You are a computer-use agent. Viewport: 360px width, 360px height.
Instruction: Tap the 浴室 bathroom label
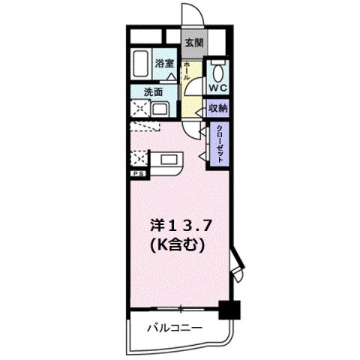pos(164,64)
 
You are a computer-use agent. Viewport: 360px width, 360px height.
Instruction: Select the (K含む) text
pos(178,244)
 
